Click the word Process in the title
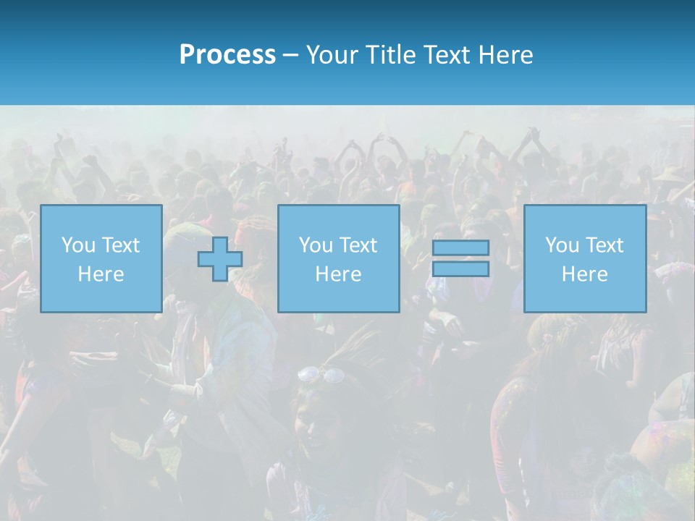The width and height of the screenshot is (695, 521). [227, 55]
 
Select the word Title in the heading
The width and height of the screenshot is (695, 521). [388, 55]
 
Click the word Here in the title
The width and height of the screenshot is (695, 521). [507, 55]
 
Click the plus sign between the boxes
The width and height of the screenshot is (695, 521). [220, 260]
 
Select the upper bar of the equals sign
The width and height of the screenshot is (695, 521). [460, 247]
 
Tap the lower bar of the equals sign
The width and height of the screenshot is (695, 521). [460, 268]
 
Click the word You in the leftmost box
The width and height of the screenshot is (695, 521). [77, 245]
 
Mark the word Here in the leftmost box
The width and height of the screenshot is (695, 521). [101, 274]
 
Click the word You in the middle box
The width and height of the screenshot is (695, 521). [316, 245]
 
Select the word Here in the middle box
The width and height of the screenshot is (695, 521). [338, 274]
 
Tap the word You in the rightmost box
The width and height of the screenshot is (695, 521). [562, 245]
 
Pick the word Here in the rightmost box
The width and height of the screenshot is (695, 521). [584, 274]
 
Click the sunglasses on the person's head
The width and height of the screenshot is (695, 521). [321, 374]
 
